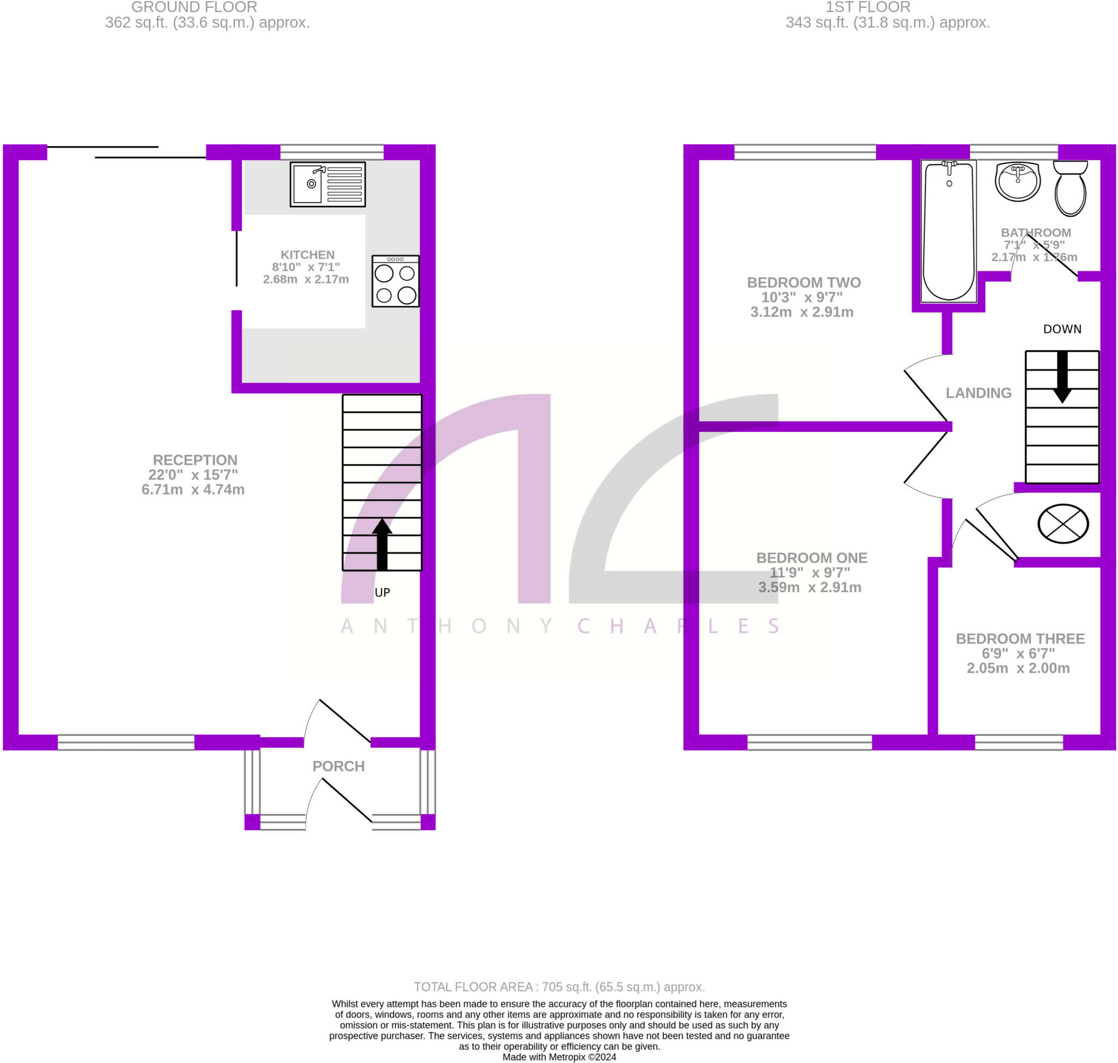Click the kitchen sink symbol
pos(328,184)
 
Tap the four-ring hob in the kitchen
pos(395,281)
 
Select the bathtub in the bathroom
pos(949,231)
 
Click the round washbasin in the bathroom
pos(1018,181)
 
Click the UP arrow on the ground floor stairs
pos(382,544)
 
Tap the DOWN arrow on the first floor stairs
pos(1062,377)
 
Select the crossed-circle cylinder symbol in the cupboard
pos(1063,523)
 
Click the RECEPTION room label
pos(195,460)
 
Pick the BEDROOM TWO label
pos(804,282)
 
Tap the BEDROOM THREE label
pos(1020,639)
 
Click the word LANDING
pos(979,393)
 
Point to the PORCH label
pos(338,766)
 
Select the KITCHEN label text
pos(307,255)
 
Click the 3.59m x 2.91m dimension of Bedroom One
pos(810,588)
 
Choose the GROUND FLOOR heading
pos(194,7)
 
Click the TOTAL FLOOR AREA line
pos(559,987)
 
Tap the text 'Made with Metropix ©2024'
pos(559,1057)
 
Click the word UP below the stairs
pos(382,593)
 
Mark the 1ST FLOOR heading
pos(867,7)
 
